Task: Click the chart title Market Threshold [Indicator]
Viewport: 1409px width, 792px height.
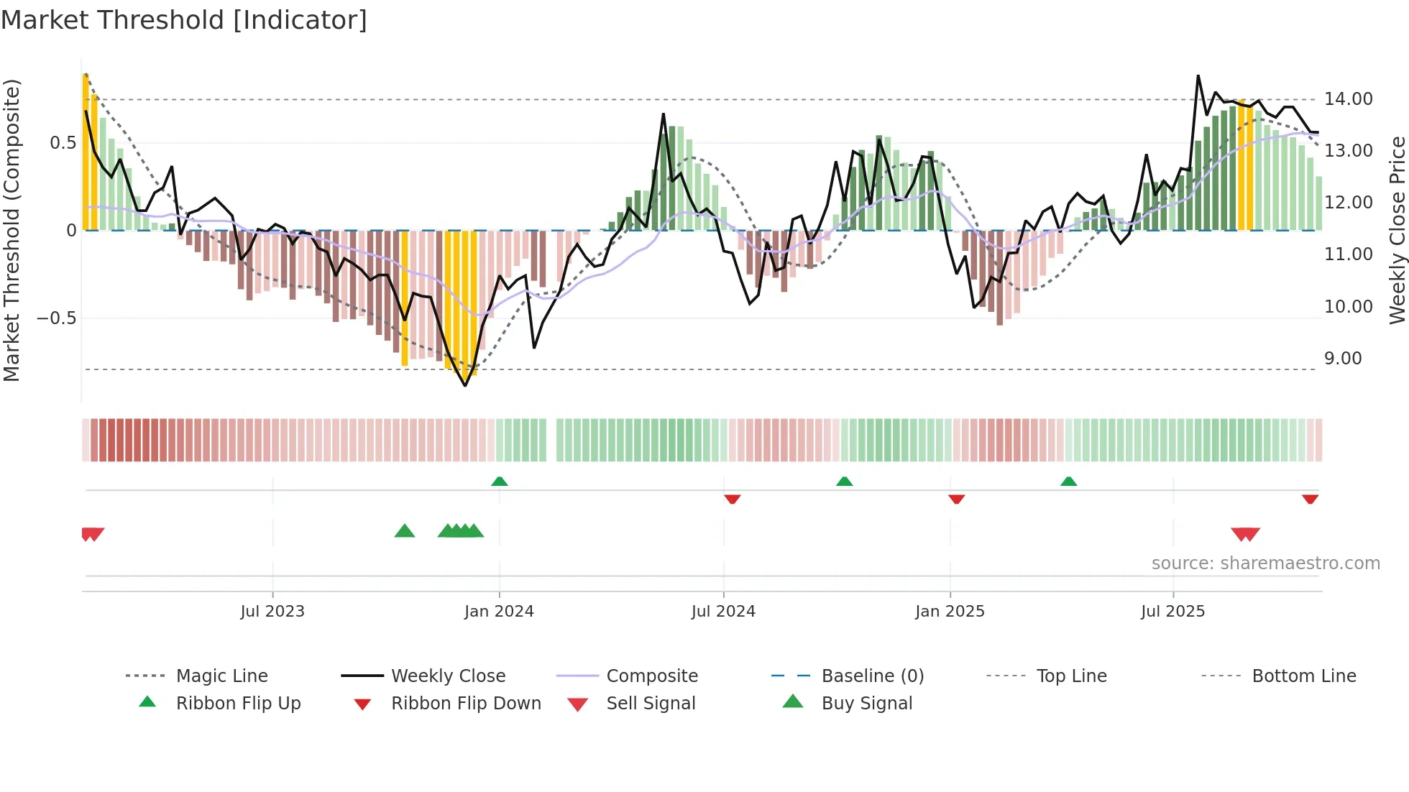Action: click(184, 20)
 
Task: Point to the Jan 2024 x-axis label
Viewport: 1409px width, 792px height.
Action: click(499, 612)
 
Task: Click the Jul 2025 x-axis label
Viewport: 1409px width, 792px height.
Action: click(1172, 612)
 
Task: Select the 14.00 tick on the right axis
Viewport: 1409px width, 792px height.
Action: click(1348, 99)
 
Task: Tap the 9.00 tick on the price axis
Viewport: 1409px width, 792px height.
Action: click(1343, 359)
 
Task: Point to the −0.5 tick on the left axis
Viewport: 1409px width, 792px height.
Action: click(56, 318)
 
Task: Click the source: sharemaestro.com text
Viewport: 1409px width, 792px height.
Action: click(1265, 563)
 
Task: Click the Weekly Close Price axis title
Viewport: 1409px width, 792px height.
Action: click(1397, 230)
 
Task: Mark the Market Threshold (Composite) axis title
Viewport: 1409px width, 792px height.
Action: click(12, 230)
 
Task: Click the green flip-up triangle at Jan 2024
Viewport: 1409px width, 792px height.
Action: click(500, 482)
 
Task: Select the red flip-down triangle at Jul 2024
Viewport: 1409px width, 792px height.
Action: click(732, 499)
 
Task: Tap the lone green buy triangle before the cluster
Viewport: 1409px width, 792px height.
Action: click(405, 531)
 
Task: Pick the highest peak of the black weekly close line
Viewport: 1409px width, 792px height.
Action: click(1198, 76)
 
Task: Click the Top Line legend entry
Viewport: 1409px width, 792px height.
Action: click(1071, 676)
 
